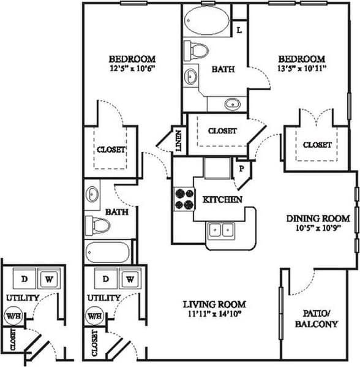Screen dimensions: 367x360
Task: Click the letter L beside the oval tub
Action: pos(239,29)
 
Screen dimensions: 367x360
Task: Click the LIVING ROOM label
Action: pos(215,304)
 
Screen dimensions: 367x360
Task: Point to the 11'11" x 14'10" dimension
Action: pos(215,314)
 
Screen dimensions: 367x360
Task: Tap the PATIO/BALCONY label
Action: pos(317,317)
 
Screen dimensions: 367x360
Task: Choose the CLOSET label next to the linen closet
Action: pos(222,131)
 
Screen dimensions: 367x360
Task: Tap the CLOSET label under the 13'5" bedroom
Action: pos(317,145)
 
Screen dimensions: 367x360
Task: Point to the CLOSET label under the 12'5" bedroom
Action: pos(111,149)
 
